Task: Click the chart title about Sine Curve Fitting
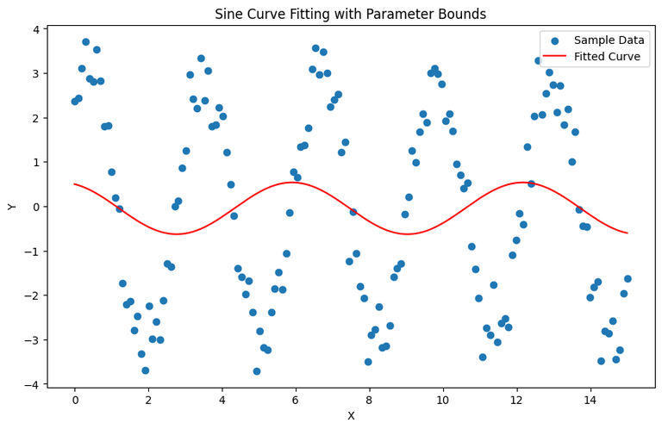tap(351, 14)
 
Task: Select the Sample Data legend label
tap(609, 40)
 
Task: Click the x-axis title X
tap(351, 416)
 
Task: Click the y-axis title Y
tap(12, 207)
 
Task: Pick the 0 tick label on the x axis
tap(75, 400)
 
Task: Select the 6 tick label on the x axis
tap(296, 400)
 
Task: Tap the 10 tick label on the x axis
tap(442, 400)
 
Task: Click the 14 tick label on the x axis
tap(590, 400)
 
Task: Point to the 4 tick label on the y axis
tap(35, 29)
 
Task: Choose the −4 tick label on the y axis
tap(32, 384)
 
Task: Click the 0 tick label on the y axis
tap(35, 207)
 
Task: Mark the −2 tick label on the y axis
tap(32, 295)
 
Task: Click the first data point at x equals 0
tap(75, 102)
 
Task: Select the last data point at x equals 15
tap(628, 279)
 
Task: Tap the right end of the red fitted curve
tap(627, 233)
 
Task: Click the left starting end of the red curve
tap(75, 184)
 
